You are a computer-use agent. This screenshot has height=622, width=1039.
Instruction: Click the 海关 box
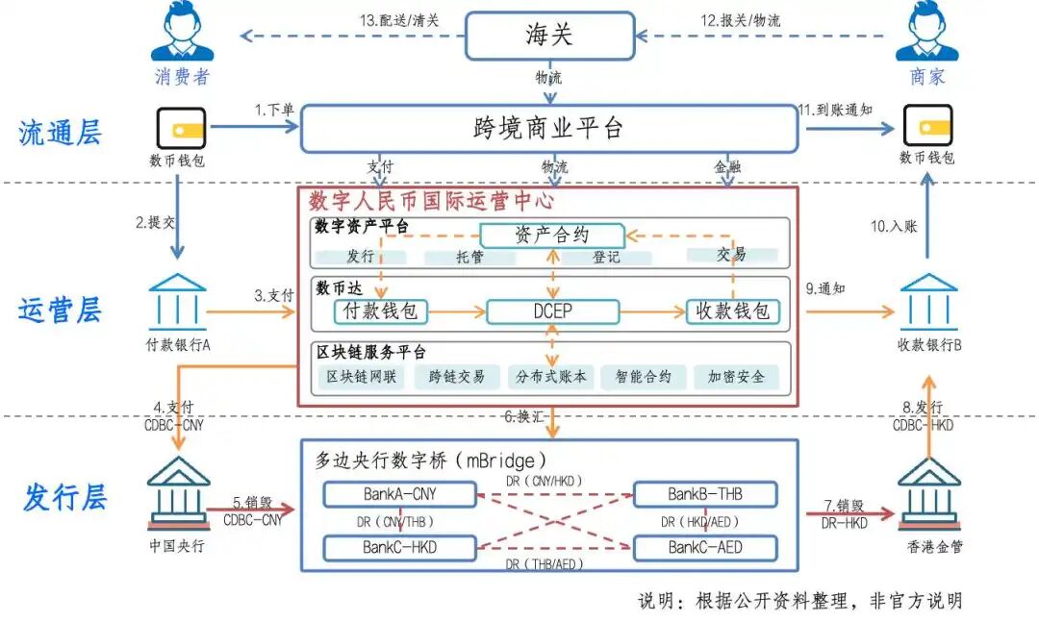[x=549, y=36]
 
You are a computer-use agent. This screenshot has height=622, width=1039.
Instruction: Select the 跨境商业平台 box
[x=549, y=129]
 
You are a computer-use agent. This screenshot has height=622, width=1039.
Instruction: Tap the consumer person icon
[x=181, y=34]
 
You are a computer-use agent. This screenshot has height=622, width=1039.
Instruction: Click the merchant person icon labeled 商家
[x=926, y=34]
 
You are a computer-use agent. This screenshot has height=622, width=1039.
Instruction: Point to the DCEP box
[x=552, y=311]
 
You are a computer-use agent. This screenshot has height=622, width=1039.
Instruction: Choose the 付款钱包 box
[x=381, y=311]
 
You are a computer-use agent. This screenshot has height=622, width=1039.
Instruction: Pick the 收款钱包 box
[x=733, y=311]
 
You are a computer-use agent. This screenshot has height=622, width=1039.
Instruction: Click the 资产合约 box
[x=552, y=235]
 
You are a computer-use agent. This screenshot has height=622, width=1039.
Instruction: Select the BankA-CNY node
[x=400, y=494]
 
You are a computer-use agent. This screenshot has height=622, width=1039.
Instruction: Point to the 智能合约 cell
[x=644, y=377]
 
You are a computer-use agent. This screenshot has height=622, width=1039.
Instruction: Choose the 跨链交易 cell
[x=456, y=377]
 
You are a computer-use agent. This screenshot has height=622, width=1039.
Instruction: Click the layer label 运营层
[x=60, y=311]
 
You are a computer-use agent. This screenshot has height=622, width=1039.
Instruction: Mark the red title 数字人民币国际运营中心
[x=431, y=201]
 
